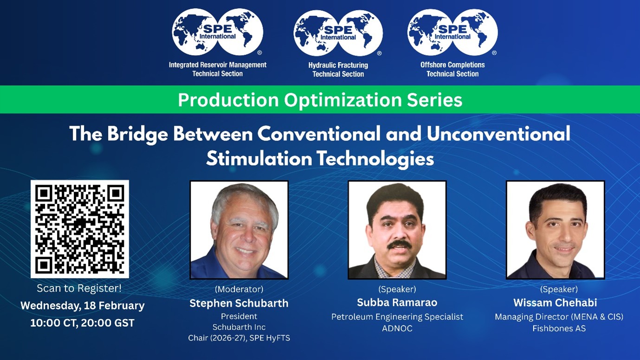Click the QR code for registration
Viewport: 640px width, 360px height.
[80, 229]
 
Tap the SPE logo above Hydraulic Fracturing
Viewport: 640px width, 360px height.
[338, 33]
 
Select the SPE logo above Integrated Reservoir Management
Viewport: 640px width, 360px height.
[217, 32]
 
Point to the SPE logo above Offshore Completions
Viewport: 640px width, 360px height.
[453, 32]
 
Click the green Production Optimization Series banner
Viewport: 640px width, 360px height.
[320, 100]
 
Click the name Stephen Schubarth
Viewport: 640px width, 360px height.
[239, 303]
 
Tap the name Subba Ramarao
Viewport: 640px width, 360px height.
[397, 302]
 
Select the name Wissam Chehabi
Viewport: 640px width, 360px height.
[555, 302]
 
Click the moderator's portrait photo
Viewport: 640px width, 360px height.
[239, 230]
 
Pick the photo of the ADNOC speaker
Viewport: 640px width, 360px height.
[397, 230]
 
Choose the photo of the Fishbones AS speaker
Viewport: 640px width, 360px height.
[556, 230]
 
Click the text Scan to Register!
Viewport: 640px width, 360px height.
[79, 289]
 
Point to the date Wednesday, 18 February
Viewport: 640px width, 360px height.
[83, 306]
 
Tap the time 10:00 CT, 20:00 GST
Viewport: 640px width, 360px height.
[82, 323]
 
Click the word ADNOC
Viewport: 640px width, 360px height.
[397, 328]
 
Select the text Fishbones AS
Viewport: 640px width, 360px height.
[559, 328]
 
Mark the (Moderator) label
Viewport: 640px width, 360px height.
[239, 289]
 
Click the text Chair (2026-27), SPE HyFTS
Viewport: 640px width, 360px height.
[239, 338]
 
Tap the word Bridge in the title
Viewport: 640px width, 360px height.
[137, 134]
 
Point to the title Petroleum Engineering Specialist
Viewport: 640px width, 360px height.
[397, 317]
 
